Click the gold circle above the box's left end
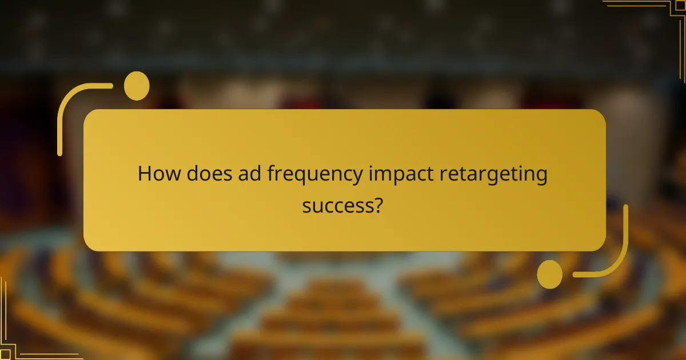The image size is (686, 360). (137, 86)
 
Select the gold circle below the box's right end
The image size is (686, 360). (549, 274)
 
